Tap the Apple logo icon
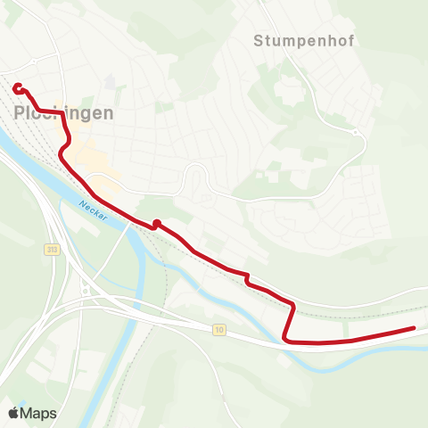tap(13, 413)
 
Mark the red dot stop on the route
tap(156, 224)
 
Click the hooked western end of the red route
tap(17, 87)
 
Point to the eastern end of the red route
tap(414, 329)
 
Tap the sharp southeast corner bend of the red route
tap(285, 338)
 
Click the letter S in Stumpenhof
tap(258, 40)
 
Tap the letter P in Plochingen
tap(21, 113)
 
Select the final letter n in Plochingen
tap(109, 113)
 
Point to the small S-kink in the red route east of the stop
tap(248, 280)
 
